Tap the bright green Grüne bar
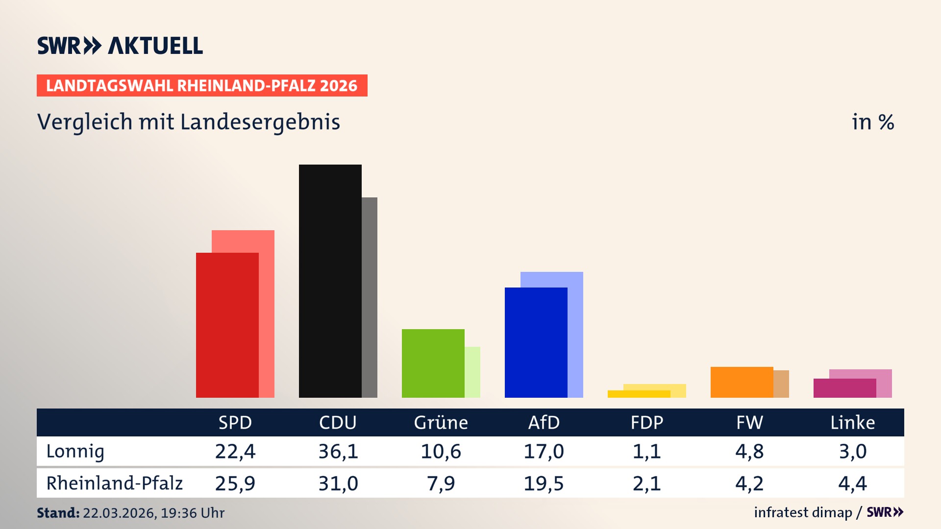433,363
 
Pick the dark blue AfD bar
536,342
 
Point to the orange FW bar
742,382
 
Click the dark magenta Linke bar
844,388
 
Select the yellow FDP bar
639,394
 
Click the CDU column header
338,422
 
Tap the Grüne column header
441,422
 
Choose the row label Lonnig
75,451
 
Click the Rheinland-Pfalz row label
114,483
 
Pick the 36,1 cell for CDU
338,451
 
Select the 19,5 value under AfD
544,483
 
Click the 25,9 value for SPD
235,483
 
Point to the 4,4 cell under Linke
852,483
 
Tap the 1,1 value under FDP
646,451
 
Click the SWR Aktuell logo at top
120,46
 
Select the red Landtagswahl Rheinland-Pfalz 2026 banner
201,86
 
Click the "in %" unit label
872,122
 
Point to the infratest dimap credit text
803,512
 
